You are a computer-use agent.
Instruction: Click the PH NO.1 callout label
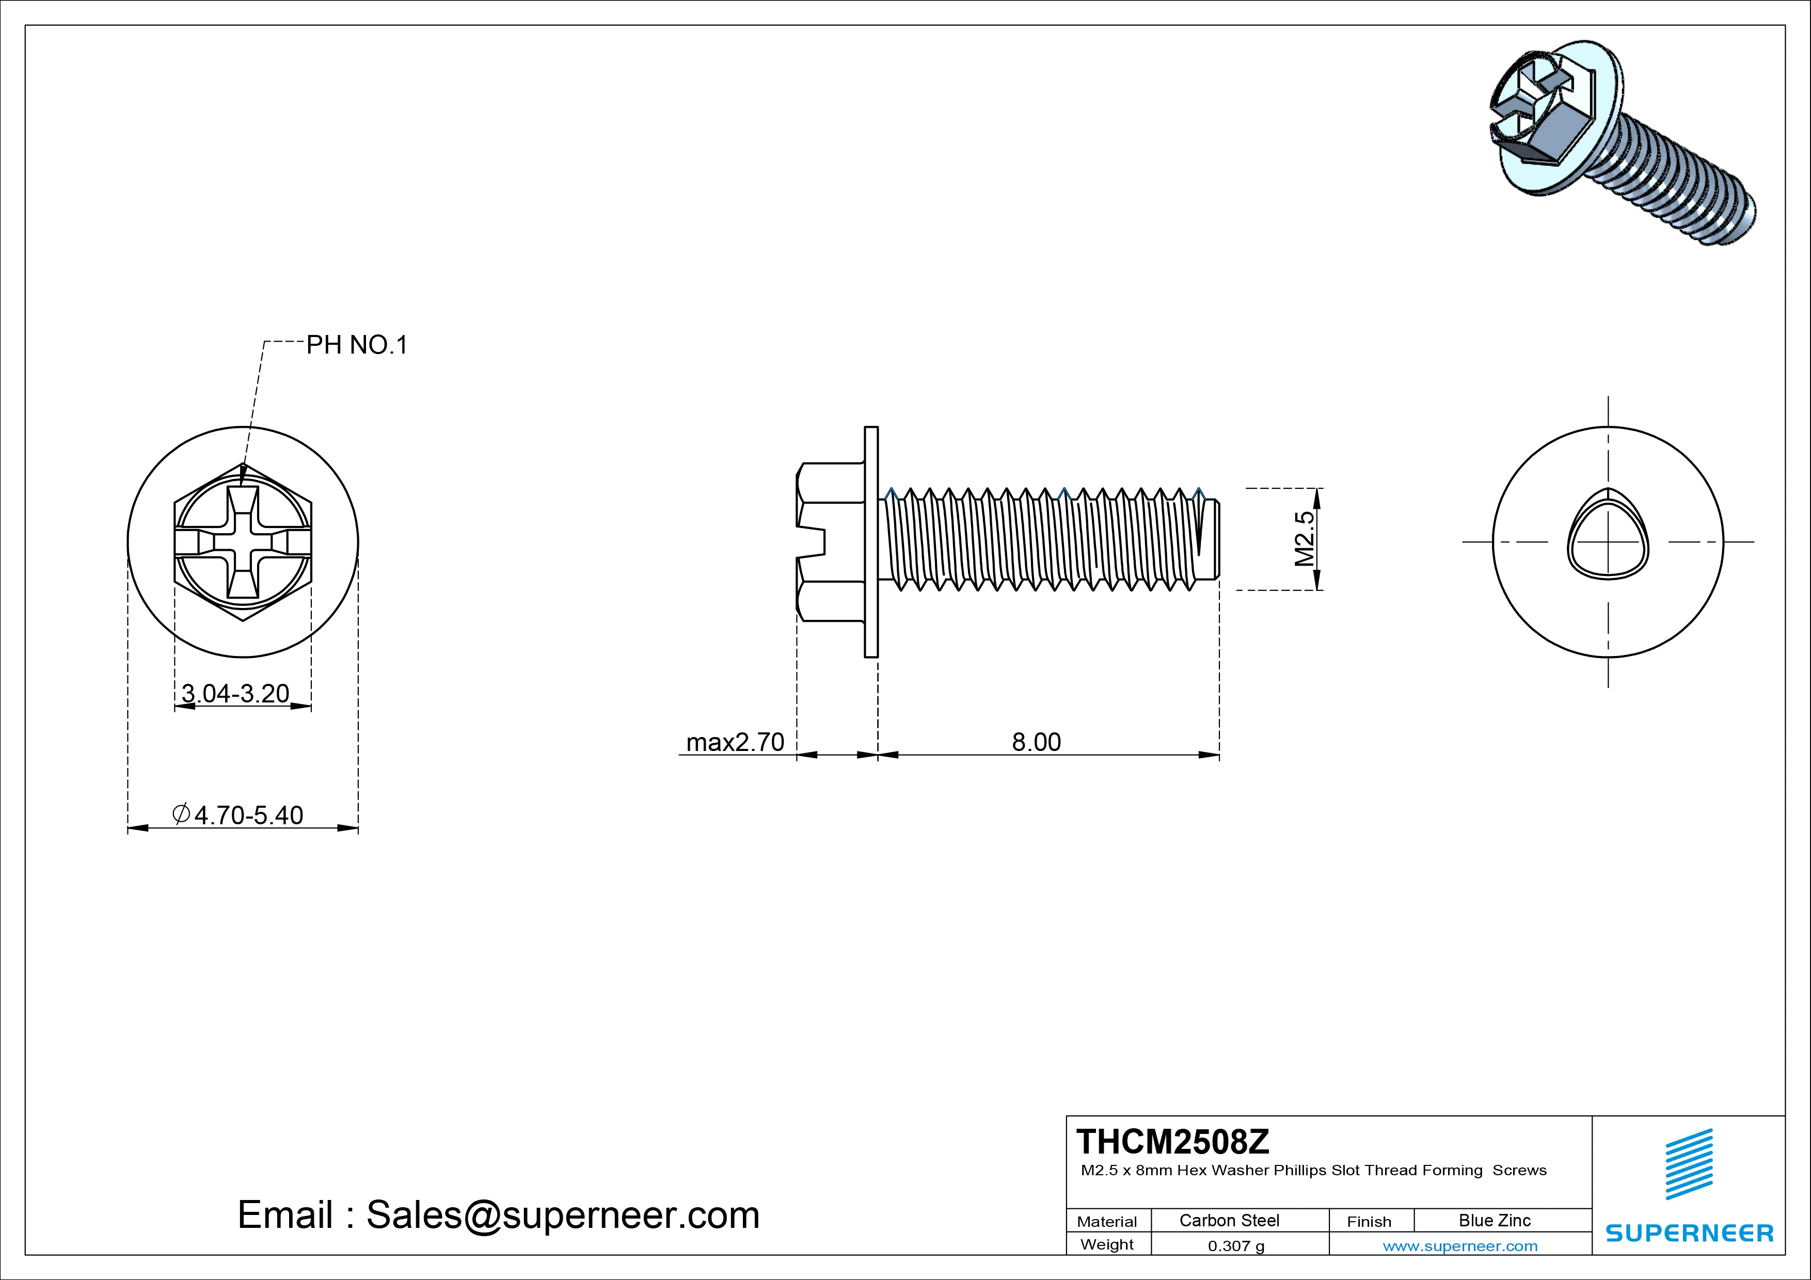point(357,345)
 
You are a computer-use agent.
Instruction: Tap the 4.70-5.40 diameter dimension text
point(248,814)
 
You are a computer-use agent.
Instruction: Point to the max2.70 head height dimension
point(735,742)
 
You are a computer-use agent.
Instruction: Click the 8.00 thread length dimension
point(1037,742)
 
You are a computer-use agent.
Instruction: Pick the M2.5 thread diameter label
point(1305,539)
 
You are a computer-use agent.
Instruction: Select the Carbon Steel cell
point(1229,1220)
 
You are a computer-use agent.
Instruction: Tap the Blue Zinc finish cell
point(1494,1220)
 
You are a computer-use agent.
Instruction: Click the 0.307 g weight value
point(1236,1246)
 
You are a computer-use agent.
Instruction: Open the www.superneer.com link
point(1460,1246)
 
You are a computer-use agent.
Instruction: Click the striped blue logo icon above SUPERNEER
point(1689,1164)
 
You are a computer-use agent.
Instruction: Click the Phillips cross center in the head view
point(243,542)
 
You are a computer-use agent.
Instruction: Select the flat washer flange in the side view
point(871,542)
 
